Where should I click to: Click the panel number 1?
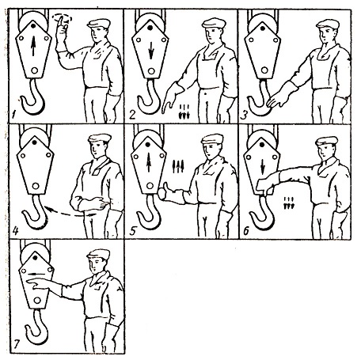pos(13,115)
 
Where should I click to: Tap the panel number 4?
pos(15,231)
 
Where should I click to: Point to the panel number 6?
pos(245,231)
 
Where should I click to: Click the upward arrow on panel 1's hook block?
pos(33,46)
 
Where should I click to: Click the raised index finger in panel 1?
pos(60,21)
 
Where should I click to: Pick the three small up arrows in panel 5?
pos(177,167)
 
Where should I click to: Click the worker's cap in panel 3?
pos(328,25)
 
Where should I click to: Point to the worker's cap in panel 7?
pos(98,255)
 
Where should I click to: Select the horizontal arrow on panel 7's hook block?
pos(36,274)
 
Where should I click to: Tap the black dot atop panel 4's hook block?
pos(35,142)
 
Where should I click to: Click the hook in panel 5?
pos(147,212)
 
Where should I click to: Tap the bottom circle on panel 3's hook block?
pos(264,70)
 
